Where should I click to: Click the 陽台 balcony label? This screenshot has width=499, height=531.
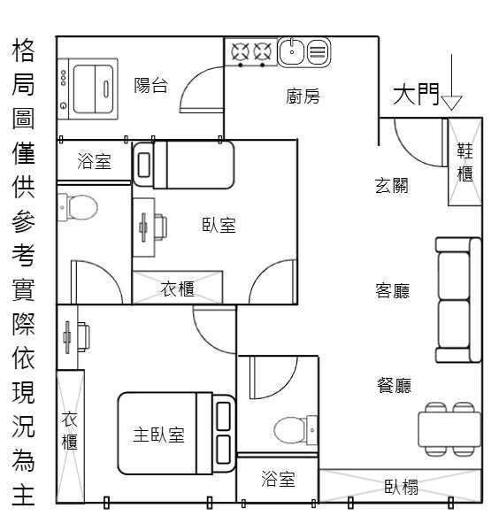(x=150, y=85)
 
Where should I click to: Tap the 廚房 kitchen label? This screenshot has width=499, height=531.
(x=303, y=96)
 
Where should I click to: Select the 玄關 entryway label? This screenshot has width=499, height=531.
(x=392, y=186)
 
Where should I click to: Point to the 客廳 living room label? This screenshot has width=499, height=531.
(x=392, y=290)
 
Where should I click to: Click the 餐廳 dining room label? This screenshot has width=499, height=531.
(x=394, y=385)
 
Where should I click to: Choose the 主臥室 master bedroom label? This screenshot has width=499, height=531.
(x=158, y=435)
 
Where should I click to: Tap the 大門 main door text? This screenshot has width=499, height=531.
(x=416, y=94)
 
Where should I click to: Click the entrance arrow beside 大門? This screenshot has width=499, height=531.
(x=451, y=82)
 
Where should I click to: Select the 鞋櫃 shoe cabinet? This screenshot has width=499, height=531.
(x=464, y=162)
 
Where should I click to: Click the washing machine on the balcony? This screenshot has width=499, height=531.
(x=88, y=89)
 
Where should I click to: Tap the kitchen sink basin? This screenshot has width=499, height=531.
(x=291, y=52)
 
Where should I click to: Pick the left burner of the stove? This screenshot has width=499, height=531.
(x=241, y=52)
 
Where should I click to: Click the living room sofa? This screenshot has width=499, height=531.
(x=458, y=300)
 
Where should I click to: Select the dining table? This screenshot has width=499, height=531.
(x=449, y=429)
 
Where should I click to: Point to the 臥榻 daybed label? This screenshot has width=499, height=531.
(x=401, y=487)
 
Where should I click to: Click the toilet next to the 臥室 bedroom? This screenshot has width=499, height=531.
(x=78, y=207)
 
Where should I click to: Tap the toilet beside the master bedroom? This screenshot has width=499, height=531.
(x=296, y=430)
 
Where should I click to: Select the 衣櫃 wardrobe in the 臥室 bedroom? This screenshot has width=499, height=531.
(x=177, y=288)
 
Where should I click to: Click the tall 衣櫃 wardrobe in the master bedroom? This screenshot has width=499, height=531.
(x=71, y=436)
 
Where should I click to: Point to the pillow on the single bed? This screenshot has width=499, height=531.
(x=144, y=165)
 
